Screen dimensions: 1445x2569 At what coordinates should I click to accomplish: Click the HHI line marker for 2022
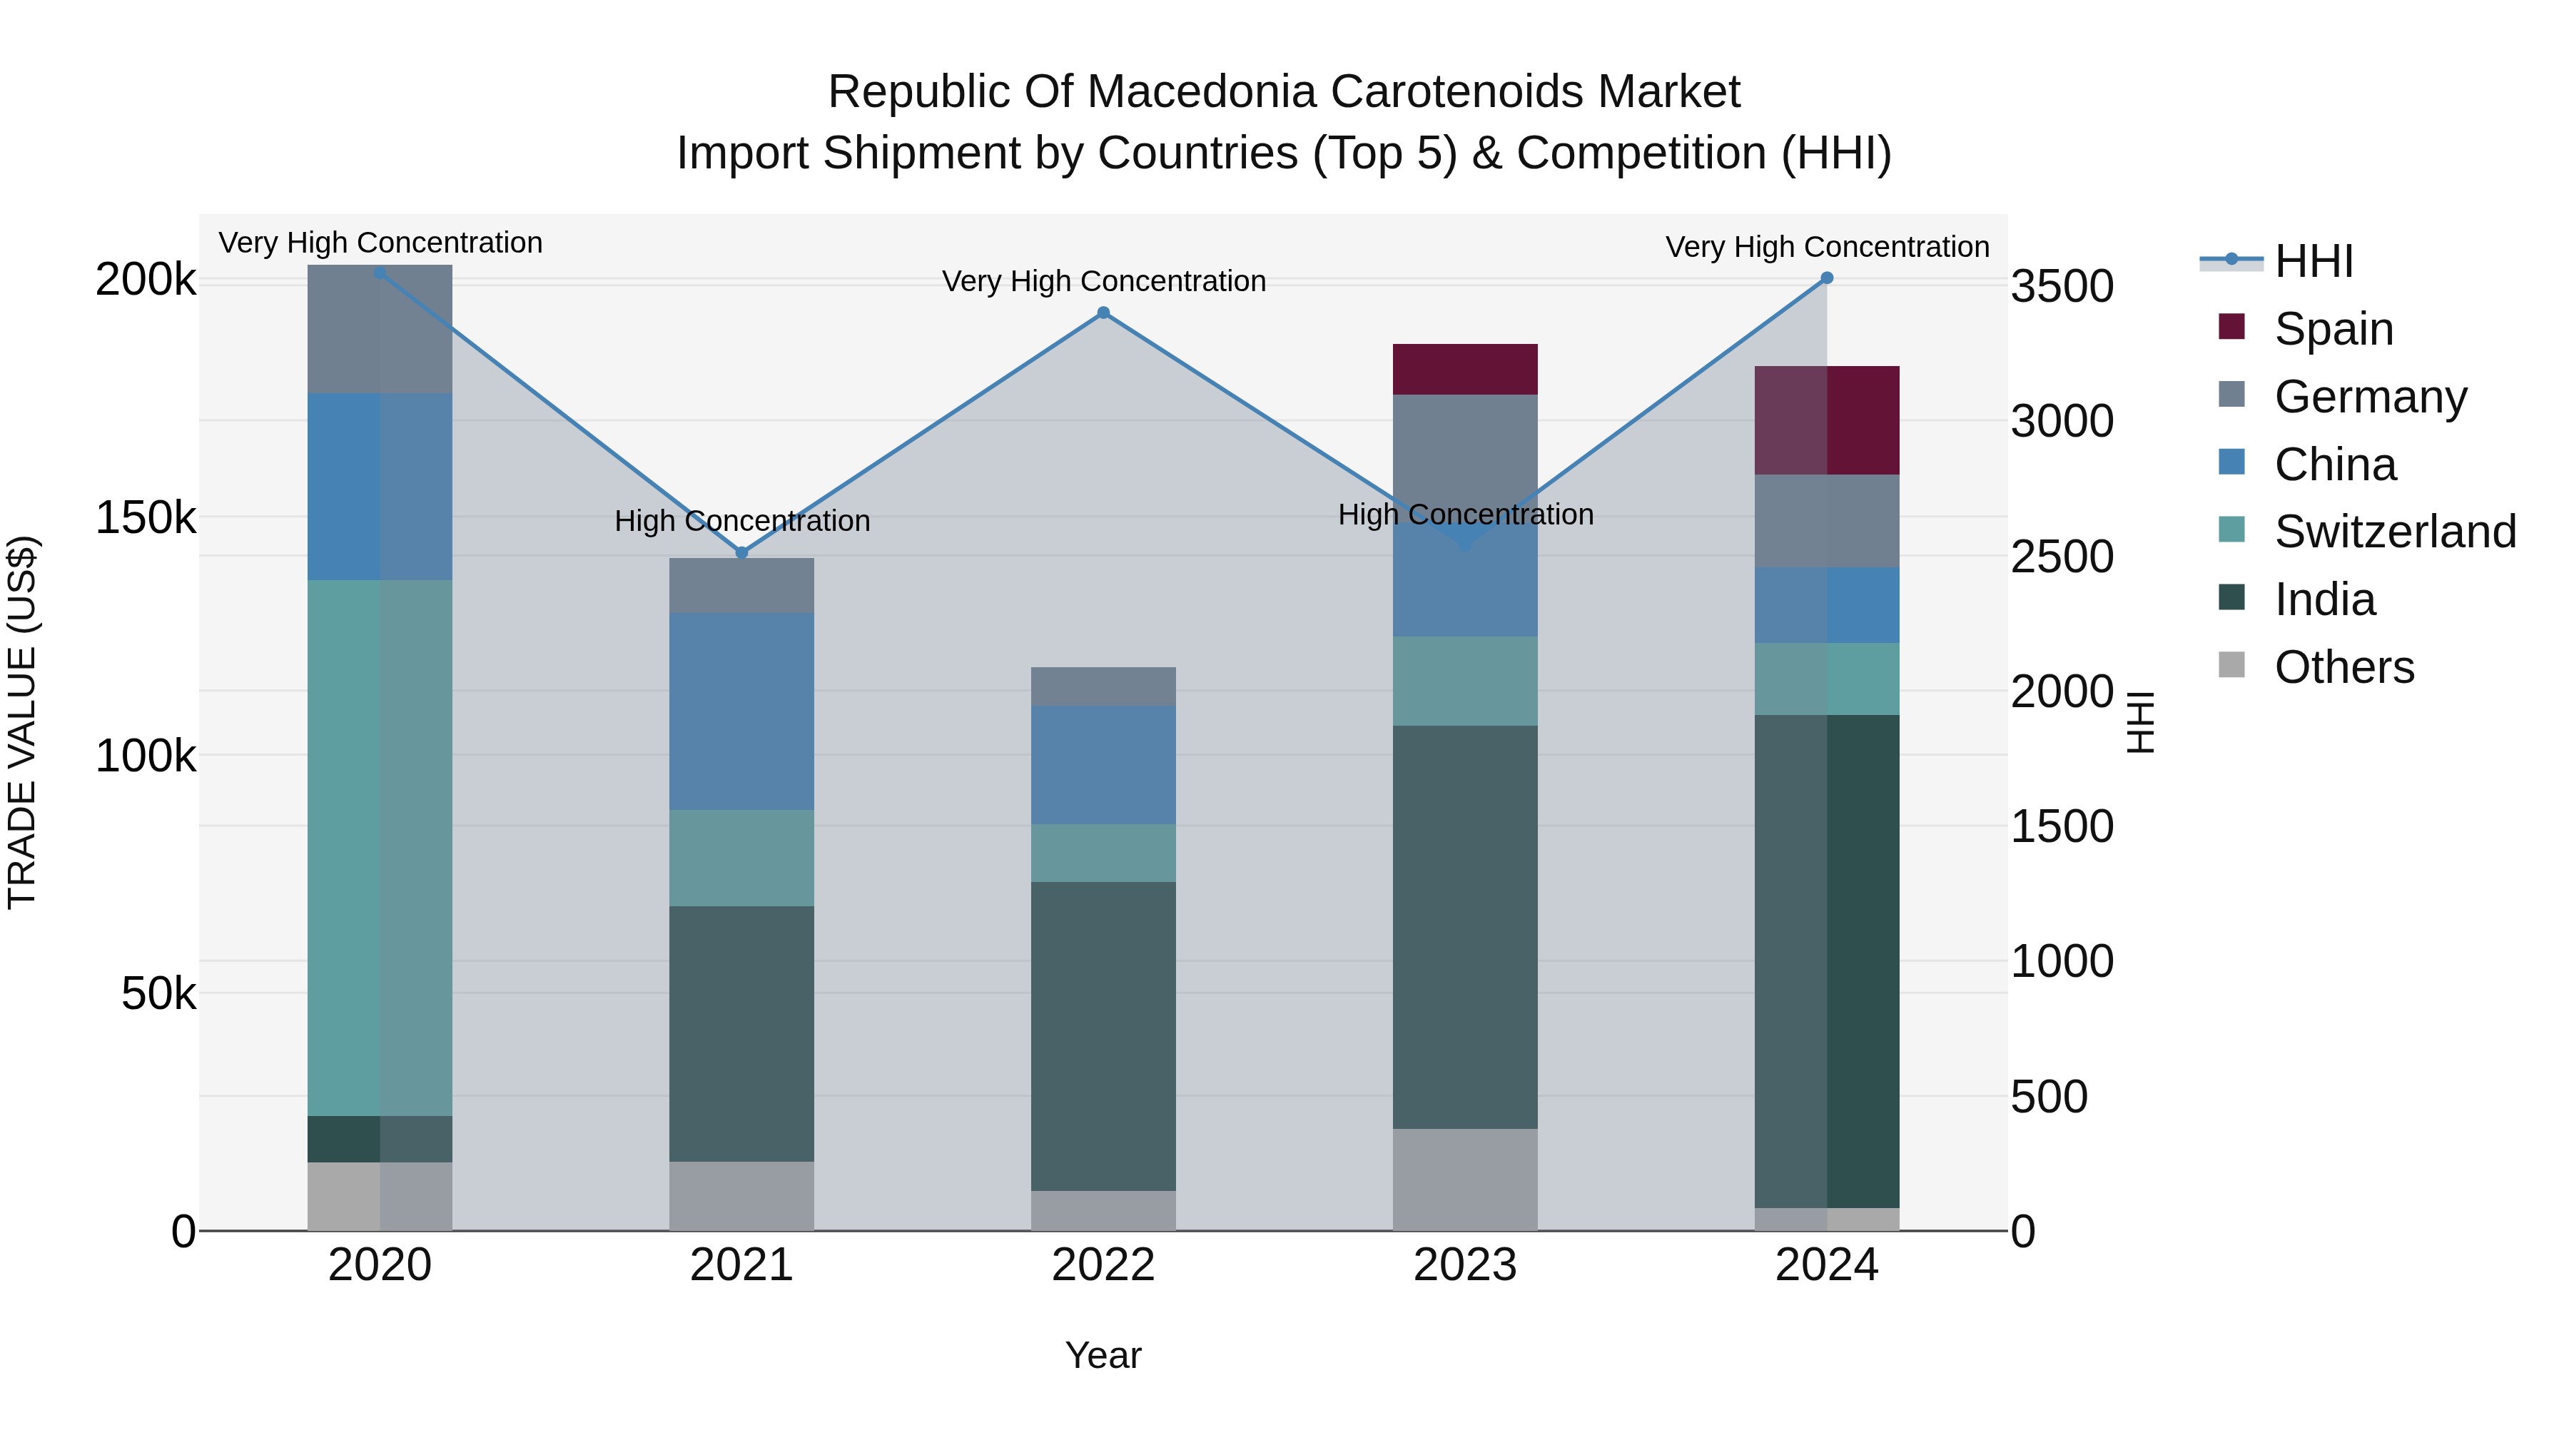1103,313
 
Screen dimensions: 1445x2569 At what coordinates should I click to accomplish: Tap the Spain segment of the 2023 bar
1464,369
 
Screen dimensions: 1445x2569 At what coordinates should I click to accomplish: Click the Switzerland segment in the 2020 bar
379,848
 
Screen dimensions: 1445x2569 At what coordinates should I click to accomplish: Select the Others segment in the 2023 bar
1464,1179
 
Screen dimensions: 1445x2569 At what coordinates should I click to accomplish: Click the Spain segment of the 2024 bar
1826,420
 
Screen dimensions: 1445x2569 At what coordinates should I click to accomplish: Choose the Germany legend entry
2369,396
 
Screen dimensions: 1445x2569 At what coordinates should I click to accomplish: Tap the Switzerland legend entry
2393,532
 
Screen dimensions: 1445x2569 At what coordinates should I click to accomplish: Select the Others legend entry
2343,667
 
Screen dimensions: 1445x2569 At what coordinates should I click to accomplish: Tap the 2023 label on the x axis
1464,1265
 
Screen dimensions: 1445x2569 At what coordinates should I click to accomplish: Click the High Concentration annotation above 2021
742,521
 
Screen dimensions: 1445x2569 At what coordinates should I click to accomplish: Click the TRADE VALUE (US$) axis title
22,722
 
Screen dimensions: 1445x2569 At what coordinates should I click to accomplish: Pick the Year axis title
1103,1355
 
